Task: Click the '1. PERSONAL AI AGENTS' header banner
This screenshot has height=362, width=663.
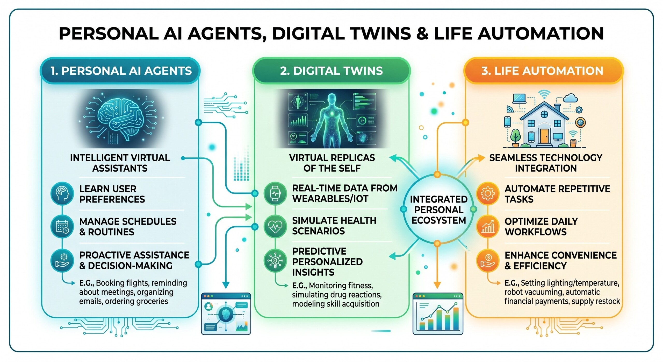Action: [120, 71]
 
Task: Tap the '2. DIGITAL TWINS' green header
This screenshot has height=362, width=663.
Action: [331, 71]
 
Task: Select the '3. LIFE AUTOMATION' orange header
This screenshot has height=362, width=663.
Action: [542, 71]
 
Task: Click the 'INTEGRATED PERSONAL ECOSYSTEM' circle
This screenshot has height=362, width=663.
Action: [438, 210]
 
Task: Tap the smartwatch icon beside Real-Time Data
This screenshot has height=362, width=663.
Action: [275, 193]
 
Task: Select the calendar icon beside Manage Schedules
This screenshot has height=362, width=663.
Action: [62, 227]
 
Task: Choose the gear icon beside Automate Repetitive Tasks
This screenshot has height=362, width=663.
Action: [488, 193]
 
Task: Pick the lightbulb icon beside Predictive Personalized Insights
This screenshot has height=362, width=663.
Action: [275, 260]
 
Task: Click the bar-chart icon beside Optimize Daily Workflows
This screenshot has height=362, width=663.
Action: [488, 227]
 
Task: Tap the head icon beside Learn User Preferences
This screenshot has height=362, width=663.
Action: [62, 193]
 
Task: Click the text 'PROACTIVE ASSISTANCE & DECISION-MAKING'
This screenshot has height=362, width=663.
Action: [134, 260]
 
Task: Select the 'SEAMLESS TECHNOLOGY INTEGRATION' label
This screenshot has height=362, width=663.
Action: [546, 163]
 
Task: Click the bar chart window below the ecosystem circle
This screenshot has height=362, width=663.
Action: [438, 314]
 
